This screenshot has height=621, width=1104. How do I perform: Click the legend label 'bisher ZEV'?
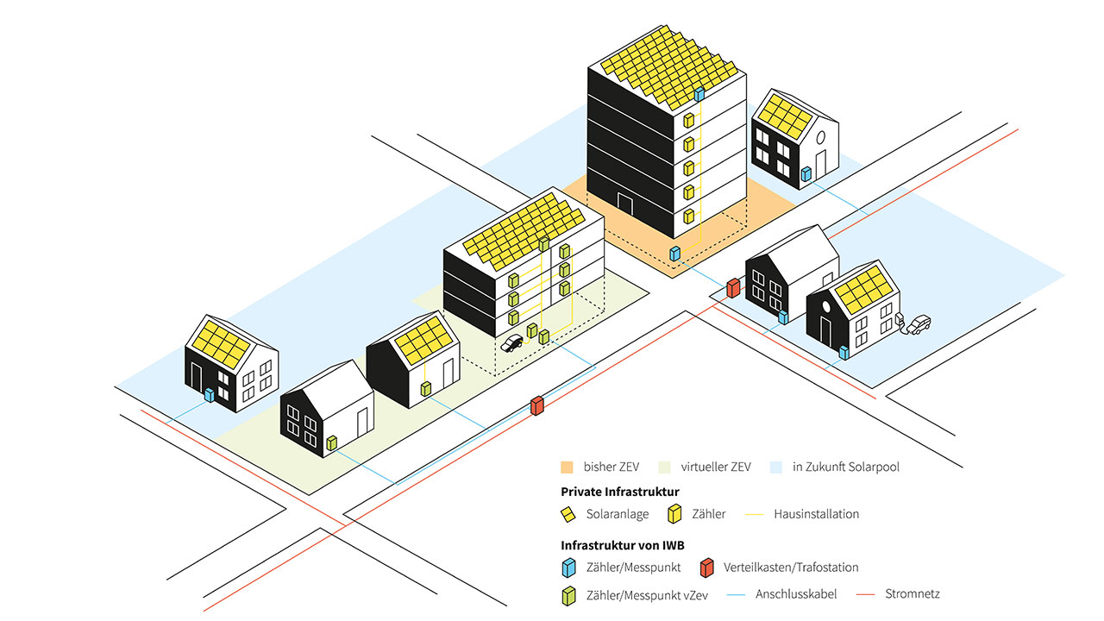pos(611,467)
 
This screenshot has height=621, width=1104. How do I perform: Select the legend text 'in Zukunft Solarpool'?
pos(846,467)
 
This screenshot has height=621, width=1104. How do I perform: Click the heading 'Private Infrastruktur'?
pos(620,492)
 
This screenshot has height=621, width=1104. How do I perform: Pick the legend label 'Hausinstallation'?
pos(817,514)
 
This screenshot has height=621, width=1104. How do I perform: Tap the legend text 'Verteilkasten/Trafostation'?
pos(791,568)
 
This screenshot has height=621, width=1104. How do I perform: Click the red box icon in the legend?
pos(706,568)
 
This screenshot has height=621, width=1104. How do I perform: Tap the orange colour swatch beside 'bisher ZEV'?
pos(567,467)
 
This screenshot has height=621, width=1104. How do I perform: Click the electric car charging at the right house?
pos(919,323)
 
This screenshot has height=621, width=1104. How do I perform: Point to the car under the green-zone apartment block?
pos(512,343)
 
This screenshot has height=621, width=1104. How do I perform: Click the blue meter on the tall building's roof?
pos(699,92)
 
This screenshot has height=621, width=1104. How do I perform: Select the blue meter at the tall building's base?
pos(676,254)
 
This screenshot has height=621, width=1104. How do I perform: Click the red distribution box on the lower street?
pos(537,405)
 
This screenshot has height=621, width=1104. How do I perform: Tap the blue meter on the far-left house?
pos(208,395)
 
